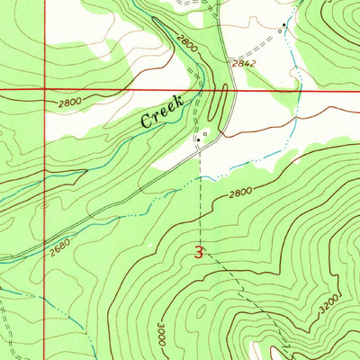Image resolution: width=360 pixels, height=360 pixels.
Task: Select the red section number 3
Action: tap(199, 253)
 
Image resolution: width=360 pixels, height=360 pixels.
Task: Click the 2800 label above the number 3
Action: tap(239, 192)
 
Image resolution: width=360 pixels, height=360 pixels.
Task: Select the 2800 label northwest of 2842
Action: tap(186, 40)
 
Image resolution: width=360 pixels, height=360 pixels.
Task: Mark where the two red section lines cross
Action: tap(44, 91)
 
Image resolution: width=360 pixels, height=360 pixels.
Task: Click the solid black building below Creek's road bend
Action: tap(197, 139)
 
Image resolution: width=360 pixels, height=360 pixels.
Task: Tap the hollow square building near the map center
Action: tap(205, 135)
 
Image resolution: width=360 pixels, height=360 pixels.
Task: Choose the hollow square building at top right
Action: tap(280, 30)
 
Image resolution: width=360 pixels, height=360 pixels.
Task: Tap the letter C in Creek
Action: tap(146, 121)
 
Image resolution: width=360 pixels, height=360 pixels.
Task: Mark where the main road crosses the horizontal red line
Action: tap(233, 91)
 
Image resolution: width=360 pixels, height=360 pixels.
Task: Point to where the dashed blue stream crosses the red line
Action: tap(293, 91)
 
